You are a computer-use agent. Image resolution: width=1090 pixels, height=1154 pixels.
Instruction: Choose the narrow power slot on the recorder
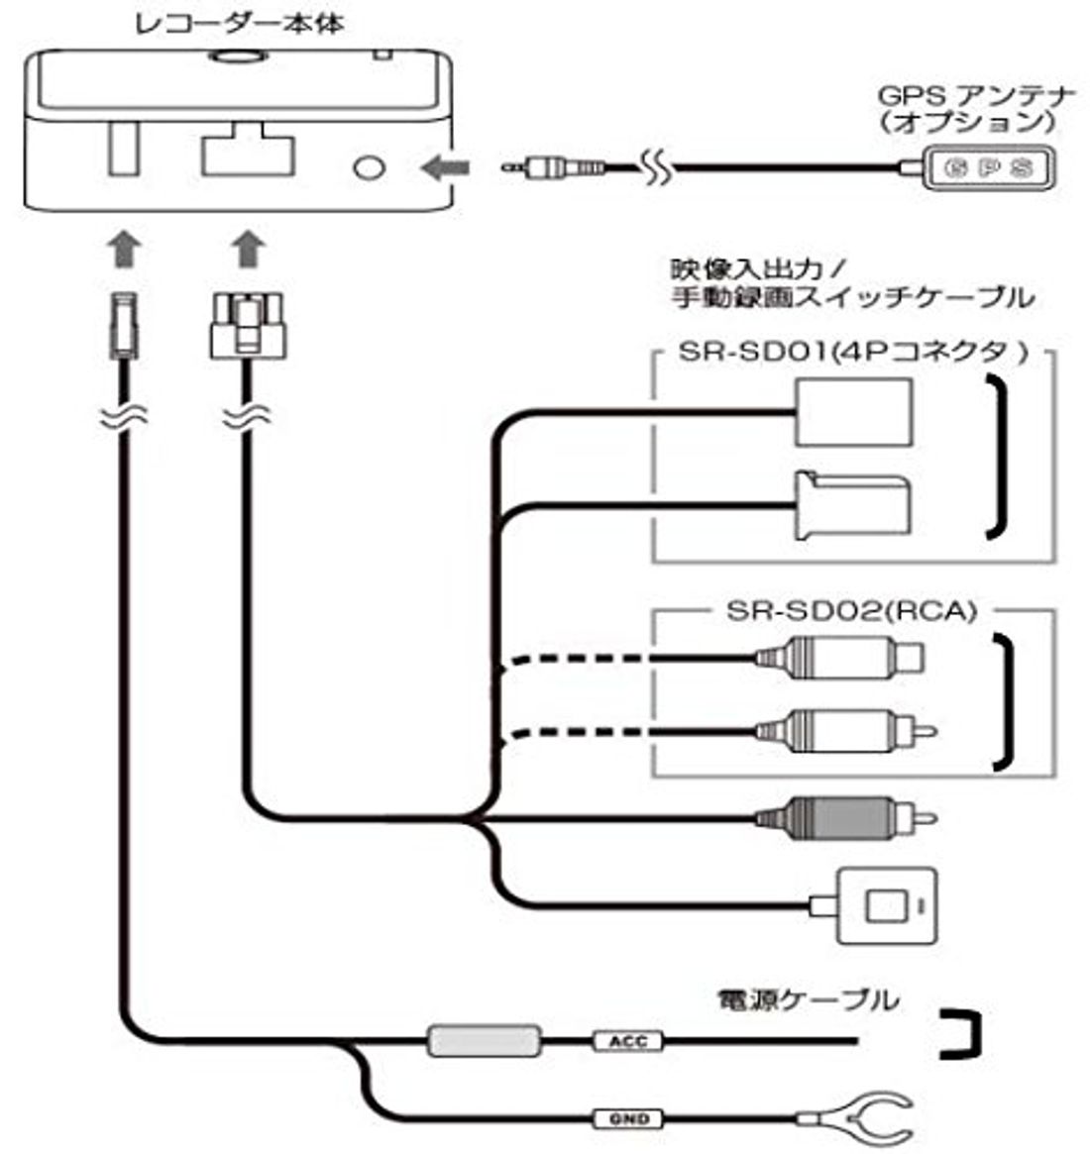coord(120,149)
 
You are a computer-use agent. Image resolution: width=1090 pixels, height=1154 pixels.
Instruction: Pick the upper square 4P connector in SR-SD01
coord(852,411)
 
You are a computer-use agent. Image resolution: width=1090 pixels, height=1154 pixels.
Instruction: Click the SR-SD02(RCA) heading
coord(851,611)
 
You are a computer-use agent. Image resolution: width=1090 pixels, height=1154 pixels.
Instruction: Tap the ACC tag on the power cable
coord(627,1041)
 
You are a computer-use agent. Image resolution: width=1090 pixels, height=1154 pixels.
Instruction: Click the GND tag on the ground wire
coord(628,1118)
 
